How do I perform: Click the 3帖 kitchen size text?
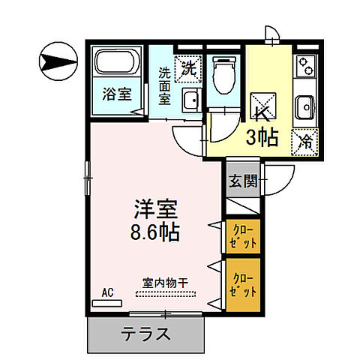pos(262,136)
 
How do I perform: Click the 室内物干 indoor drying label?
pos(165,283)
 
